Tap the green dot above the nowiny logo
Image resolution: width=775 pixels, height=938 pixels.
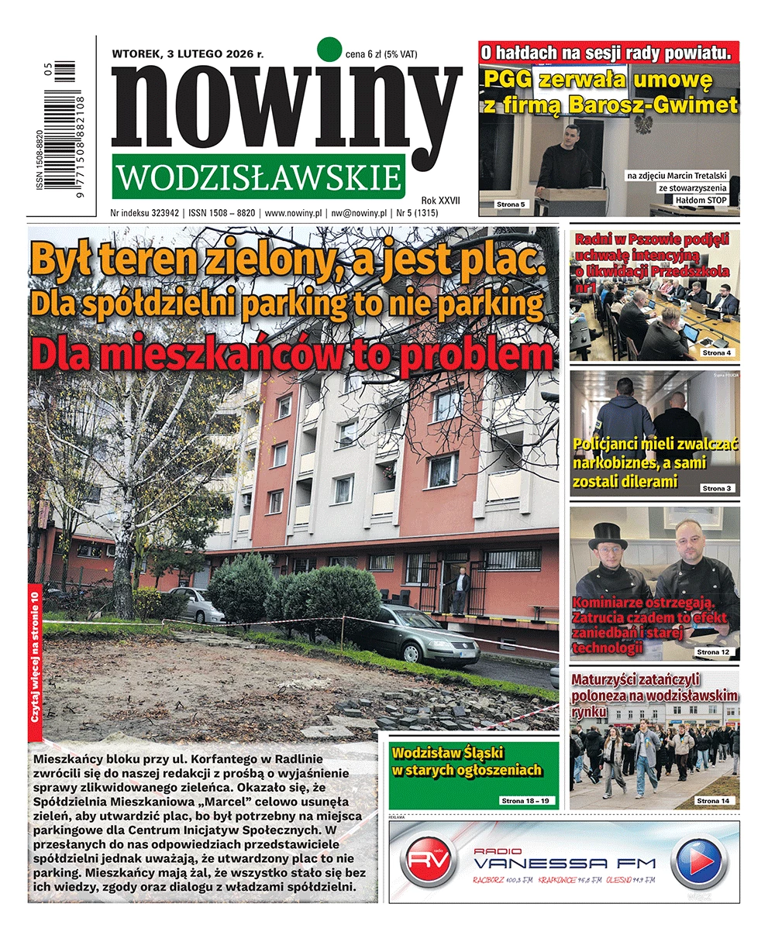pos(329,49)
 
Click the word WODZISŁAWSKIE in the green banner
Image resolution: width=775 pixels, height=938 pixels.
pos(259,177)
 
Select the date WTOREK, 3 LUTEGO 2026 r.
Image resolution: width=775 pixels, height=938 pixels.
pos(188,54)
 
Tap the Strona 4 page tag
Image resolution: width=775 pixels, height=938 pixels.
pos(715,353)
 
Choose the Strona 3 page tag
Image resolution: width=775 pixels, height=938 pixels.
pos(715,489)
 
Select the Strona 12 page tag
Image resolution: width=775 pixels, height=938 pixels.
pos(713,652)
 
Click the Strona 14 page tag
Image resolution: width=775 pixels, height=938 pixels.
pos(713,800)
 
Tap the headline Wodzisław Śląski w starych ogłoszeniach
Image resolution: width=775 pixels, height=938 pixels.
pos(467,761)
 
